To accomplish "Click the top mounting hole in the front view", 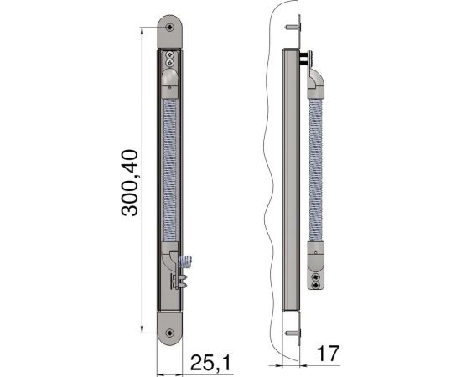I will [170, 27].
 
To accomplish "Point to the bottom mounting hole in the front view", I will [170, 333].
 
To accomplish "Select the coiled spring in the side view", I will [319, 168].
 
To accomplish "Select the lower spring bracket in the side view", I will [317, 268].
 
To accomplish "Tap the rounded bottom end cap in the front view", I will [170, 328].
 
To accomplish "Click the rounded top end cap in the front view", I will [170, 30].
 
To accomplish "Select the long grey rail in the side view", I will [293, 184].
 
